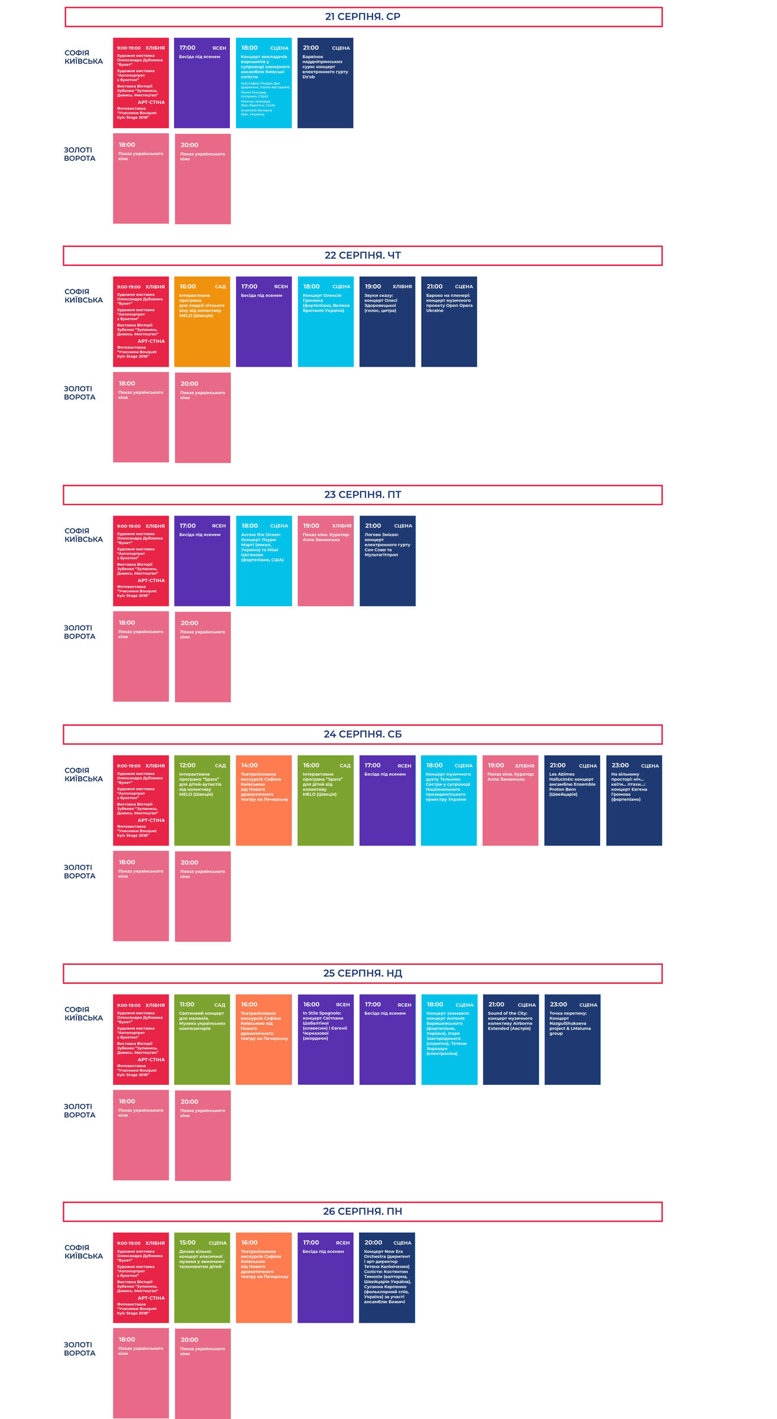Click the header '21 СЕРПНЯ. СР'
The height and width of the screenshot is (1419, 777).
[362, 17]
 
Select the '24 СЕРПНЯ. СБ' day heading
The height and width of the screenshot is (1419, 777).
[362, 734]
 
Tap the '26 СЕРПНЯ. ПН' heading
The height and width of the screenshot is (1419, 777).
[362, 1211]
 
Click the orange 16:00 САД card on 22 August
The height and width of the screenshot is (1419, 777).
[202, 322]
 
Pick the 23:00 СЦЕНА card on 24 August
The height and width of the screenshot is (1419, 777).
[634, 800]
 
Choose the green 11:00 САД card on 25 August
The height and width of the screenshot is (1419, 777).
[202, 1039]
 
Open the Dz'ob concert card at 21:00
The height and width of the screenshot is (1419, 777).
[325, 83]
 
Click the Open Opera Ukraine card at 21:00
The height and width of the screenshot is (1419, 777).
[449, 322]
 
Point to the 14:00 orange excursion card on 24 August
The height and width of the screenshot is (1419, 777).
[264, 800]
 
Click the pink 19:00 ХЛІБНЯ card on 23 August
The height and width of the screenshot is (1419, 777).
[325, 561]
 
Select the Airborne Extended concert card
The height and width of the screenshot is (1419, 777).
[511, 1039]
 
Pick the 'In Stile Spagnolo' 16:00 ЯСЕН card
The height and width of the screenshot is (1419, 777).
[325, 1039]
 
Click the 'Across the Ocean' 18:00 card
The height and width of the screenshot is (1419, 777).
[264, 561]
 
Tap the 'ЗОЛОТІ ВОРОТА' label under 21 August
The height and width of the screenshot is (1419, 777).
[79, 154]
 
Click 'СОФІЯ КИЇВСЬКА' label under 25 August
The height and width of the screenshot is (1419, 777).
[83, 1013]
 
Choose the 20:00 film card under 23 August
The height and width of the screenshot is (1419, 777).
[202, 657]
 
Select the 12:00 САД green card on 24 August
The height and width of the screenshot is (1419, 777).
[202, 800]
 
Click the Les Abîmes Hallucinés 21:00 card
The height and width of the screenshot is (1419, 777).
[572, 800]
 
